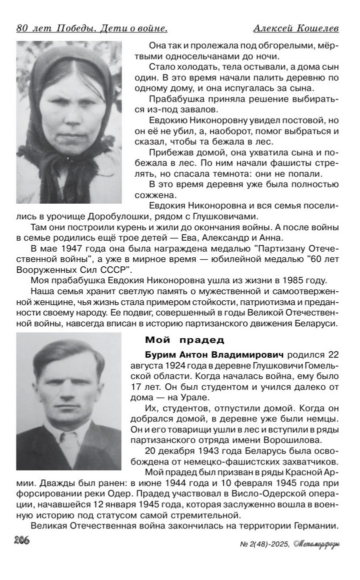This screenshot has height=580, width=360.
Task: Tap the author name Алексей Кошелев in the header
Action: tap(296, 28)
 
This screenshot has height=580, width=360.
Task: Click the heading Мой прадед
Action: tap(184, 340)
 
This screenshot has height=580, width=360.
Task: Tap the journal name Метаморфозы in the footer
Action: tap(316, 543)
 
